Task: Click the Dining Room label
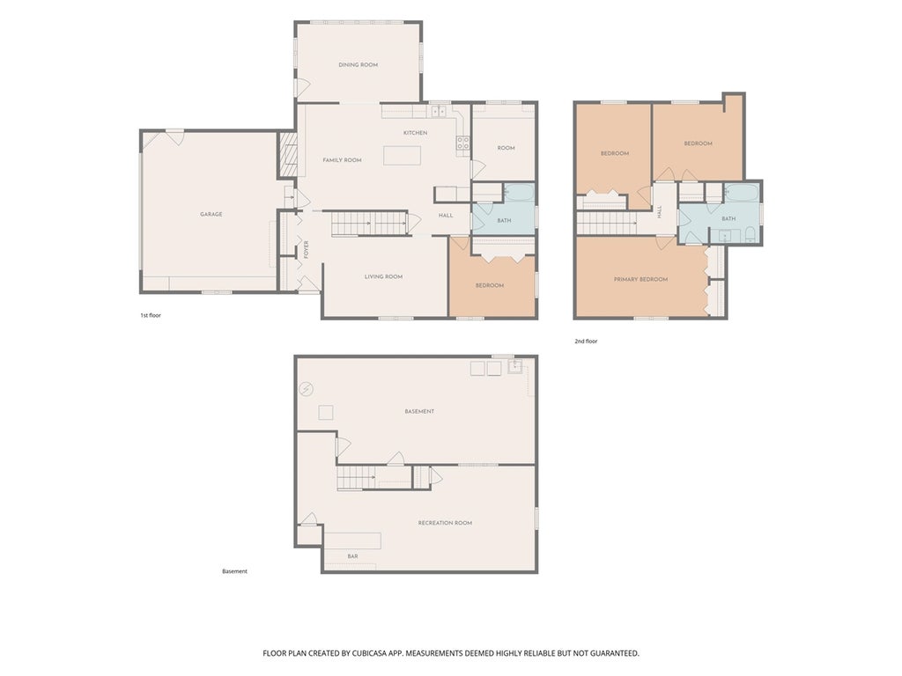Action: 358,65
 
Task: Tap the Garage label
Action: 211,215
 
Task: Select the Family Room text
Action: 342,160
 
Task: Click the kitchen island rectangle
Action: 402,156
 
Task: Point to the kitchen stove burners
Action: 463,143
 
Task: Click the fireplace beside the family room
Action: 288,154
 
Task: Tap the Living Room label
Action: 384,277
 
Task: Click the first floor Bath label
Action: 504,221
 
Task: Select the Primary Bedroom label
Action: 641,279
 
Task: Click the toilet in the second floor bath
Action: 750,234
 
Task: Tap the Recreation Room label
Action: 445,523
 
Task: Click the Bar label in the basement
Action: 352,556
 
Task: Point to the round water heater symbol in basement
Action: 306,389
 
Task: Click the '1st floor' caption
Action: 151,316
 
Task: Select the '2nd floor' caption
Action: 586,342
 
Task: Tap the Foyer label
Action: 306,249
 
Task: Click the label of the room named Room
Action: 506,148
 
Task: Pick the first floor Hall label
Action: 446,216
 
